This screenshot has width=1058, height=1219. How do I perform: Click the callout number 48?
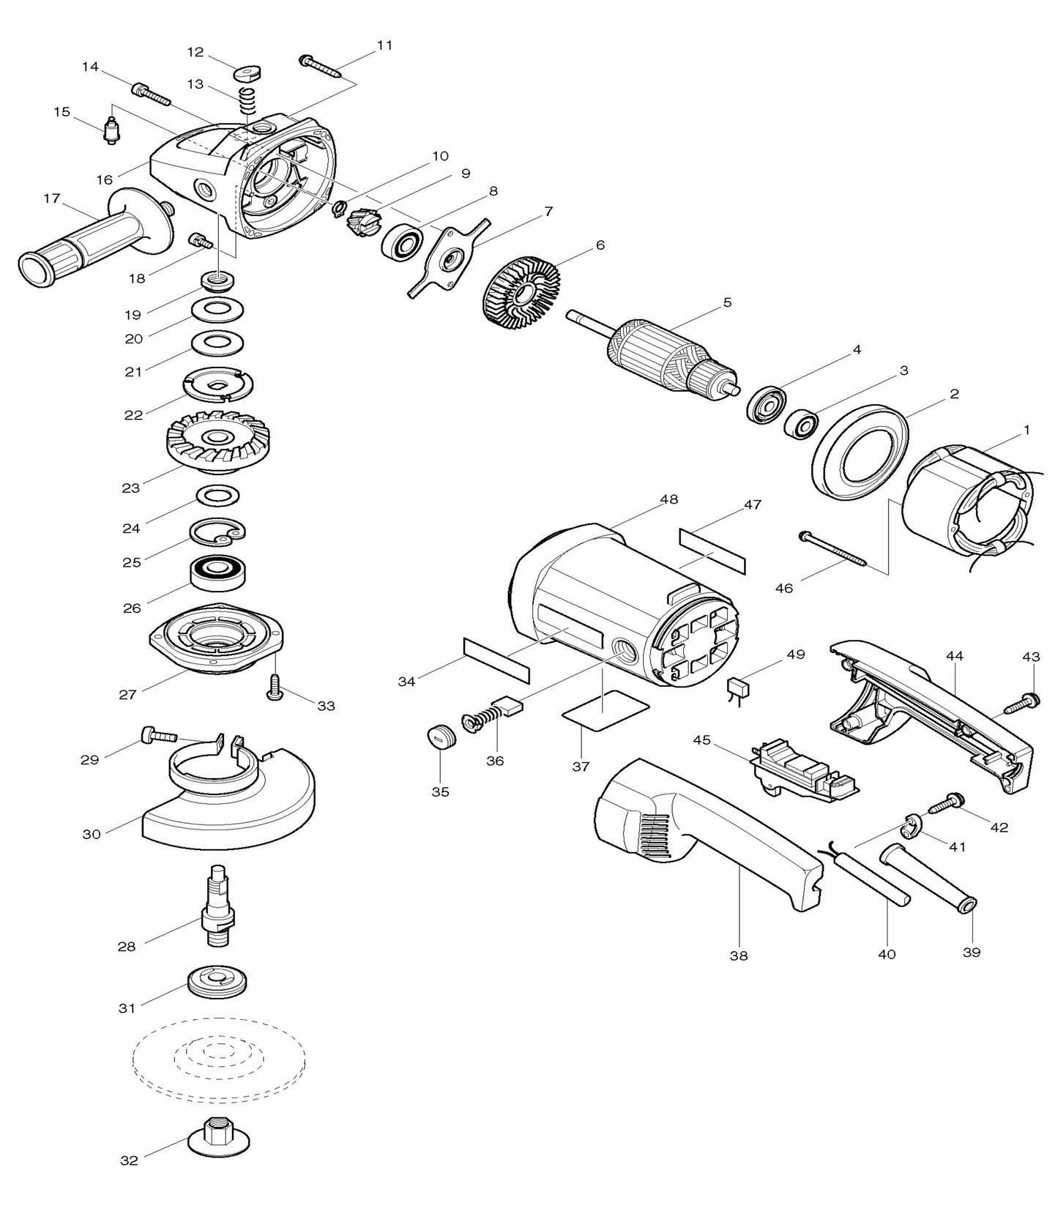pyautogui.click(x=668, y=499)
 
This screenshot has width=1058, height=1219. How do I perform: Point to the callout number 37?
pyautogui.click(x=581, y=767)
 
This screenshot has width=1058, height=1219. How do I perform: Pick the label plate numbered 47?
pyautogui.click(x=712, y=551)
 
